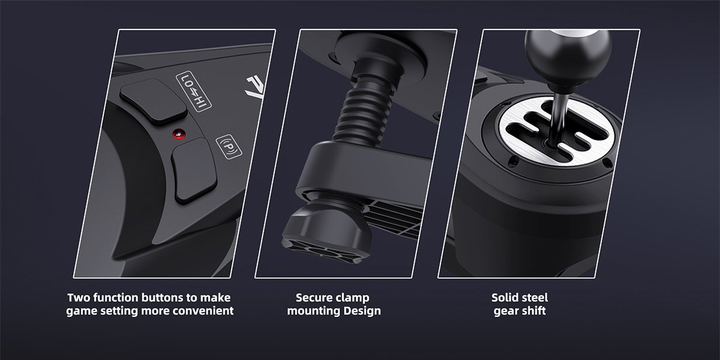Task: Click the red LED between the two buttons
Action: click(177, 133)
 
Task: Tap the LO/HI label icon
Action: click(192, 91)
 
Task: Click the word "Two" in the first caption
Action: click(79, 298)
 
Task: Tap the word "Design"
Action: click(362, 311)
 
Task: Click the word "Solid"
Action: click(505, 298)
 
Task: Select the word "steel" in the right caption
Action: click(535, 298)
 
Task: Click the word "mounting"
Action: click(313, 311)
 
